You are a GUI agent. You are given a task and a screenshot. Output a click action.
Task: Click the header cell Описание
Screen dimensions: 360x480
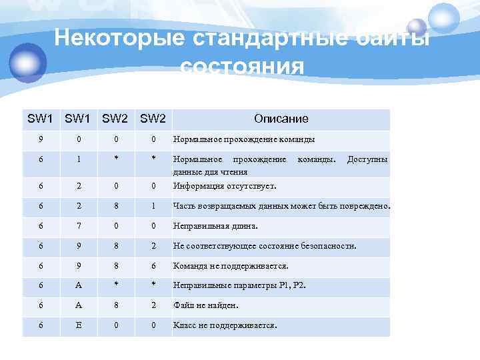281,119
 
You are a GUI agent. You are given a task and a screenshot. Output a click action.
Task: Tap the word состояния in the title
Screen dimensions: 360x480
242,67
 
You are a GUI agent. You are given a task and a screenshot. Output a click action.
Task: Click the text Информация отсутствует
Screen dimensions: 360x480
225,186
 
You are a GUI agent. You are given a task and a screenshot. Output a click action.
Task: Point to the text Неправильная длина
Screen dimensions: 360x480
210,226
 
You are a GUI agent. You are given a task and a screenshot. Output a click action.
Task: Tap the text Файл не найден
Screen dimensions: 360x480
205,306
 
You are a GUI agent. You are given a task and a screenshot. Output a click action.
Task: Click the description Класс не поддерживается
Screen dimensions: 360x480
225,326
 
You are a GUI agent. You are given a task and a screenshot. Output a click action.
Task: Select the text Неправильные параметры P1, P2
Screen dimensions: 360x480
239,286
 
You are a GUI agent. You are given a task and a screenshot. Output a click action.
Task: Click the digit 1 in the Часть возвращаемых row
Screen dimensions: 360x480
153,206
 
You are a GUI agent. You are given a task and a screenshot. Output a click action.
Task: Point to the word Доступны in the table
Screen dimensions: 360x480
367,160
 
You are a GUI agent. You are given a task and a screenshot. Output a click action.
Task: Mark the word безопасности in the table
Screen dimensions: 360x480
328,246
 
